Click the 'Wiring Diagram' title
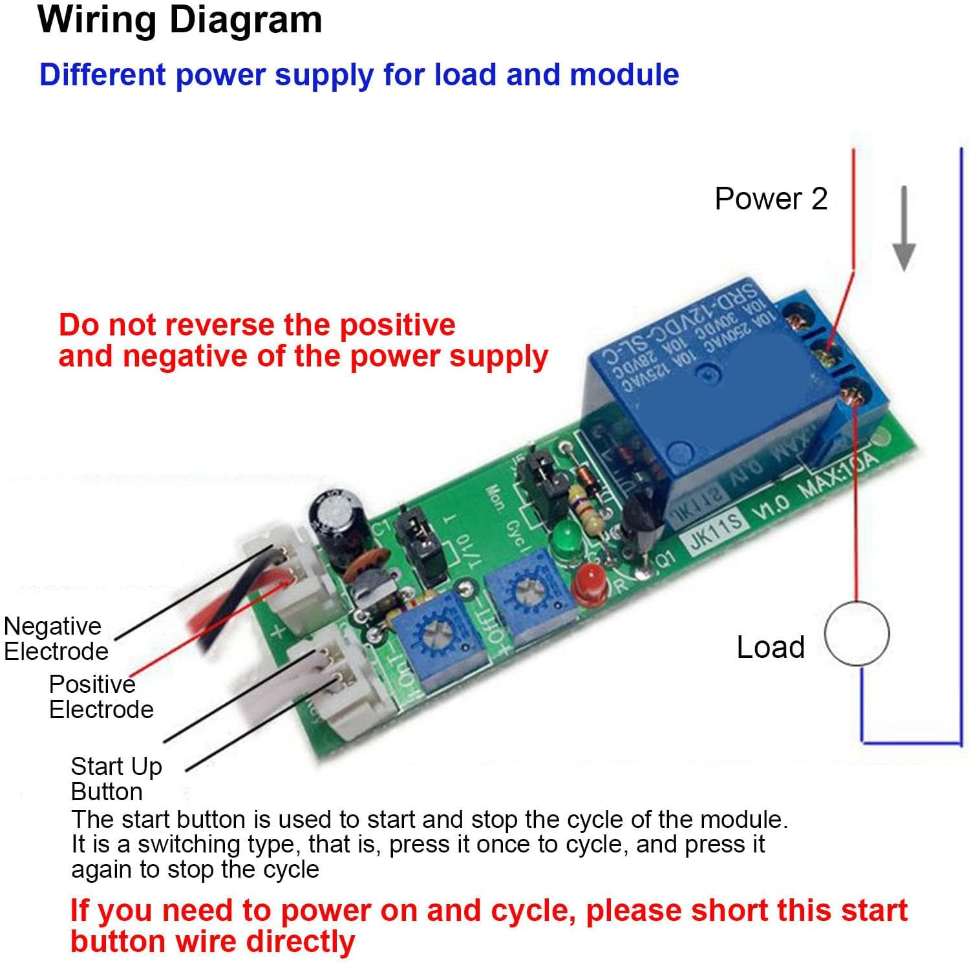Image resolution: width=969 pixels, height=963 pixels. [180, 20]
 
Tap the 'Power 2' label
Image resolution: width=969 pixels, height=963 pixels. [771, 198]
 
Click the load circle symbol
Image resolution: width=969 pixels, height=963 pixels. [857, 634]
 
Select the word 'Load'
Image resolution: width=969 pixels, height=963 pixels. [771, 647]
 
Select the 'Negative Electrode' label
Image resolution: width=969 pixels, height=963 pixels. [55, 639]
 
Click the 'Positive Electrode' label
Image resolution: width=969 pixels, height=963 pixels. [100, 697]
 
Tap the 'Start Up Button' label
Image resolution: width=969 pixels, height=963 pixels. [115, 778]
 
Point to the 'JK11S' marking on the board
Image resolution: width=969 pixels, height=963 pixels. [715, 531]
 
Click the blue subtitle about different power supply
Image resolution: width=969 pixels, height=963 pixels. [359, 74]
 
